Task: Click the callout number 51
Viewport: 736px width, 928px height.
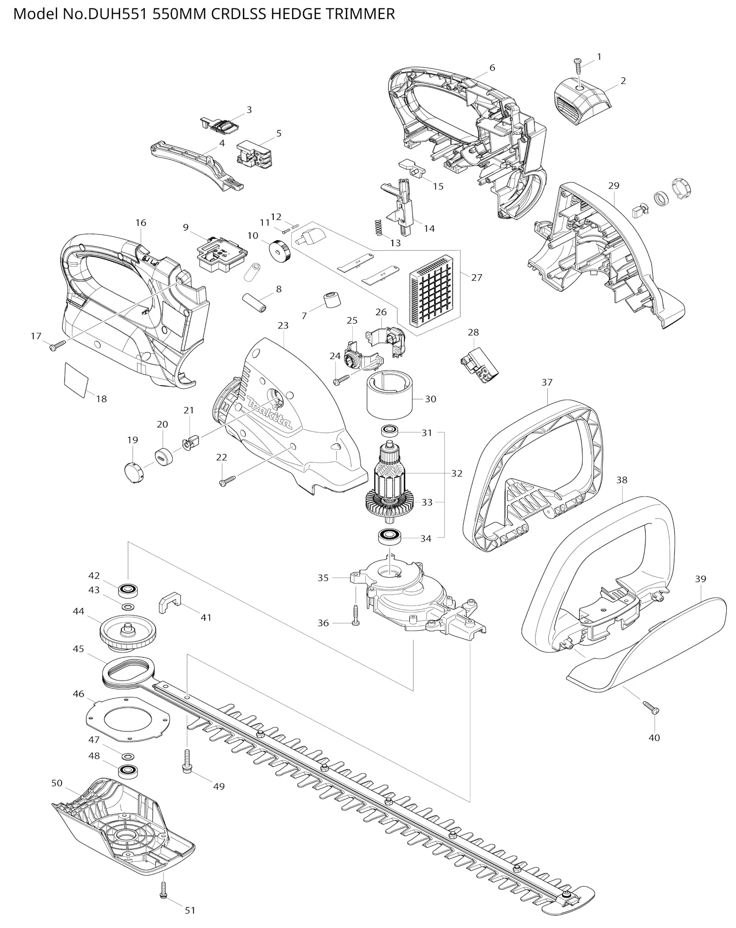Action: (190, 910)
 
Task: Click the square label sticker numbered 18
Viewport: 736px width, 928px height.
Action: (76, 379)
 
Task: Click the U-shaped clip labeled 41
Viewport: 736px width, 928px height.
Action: (170, 602)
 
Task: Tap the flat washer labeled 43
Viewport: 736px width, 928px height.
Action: (129, 606)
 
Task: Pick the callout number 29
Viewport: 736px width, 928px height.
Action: (614, 186)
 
